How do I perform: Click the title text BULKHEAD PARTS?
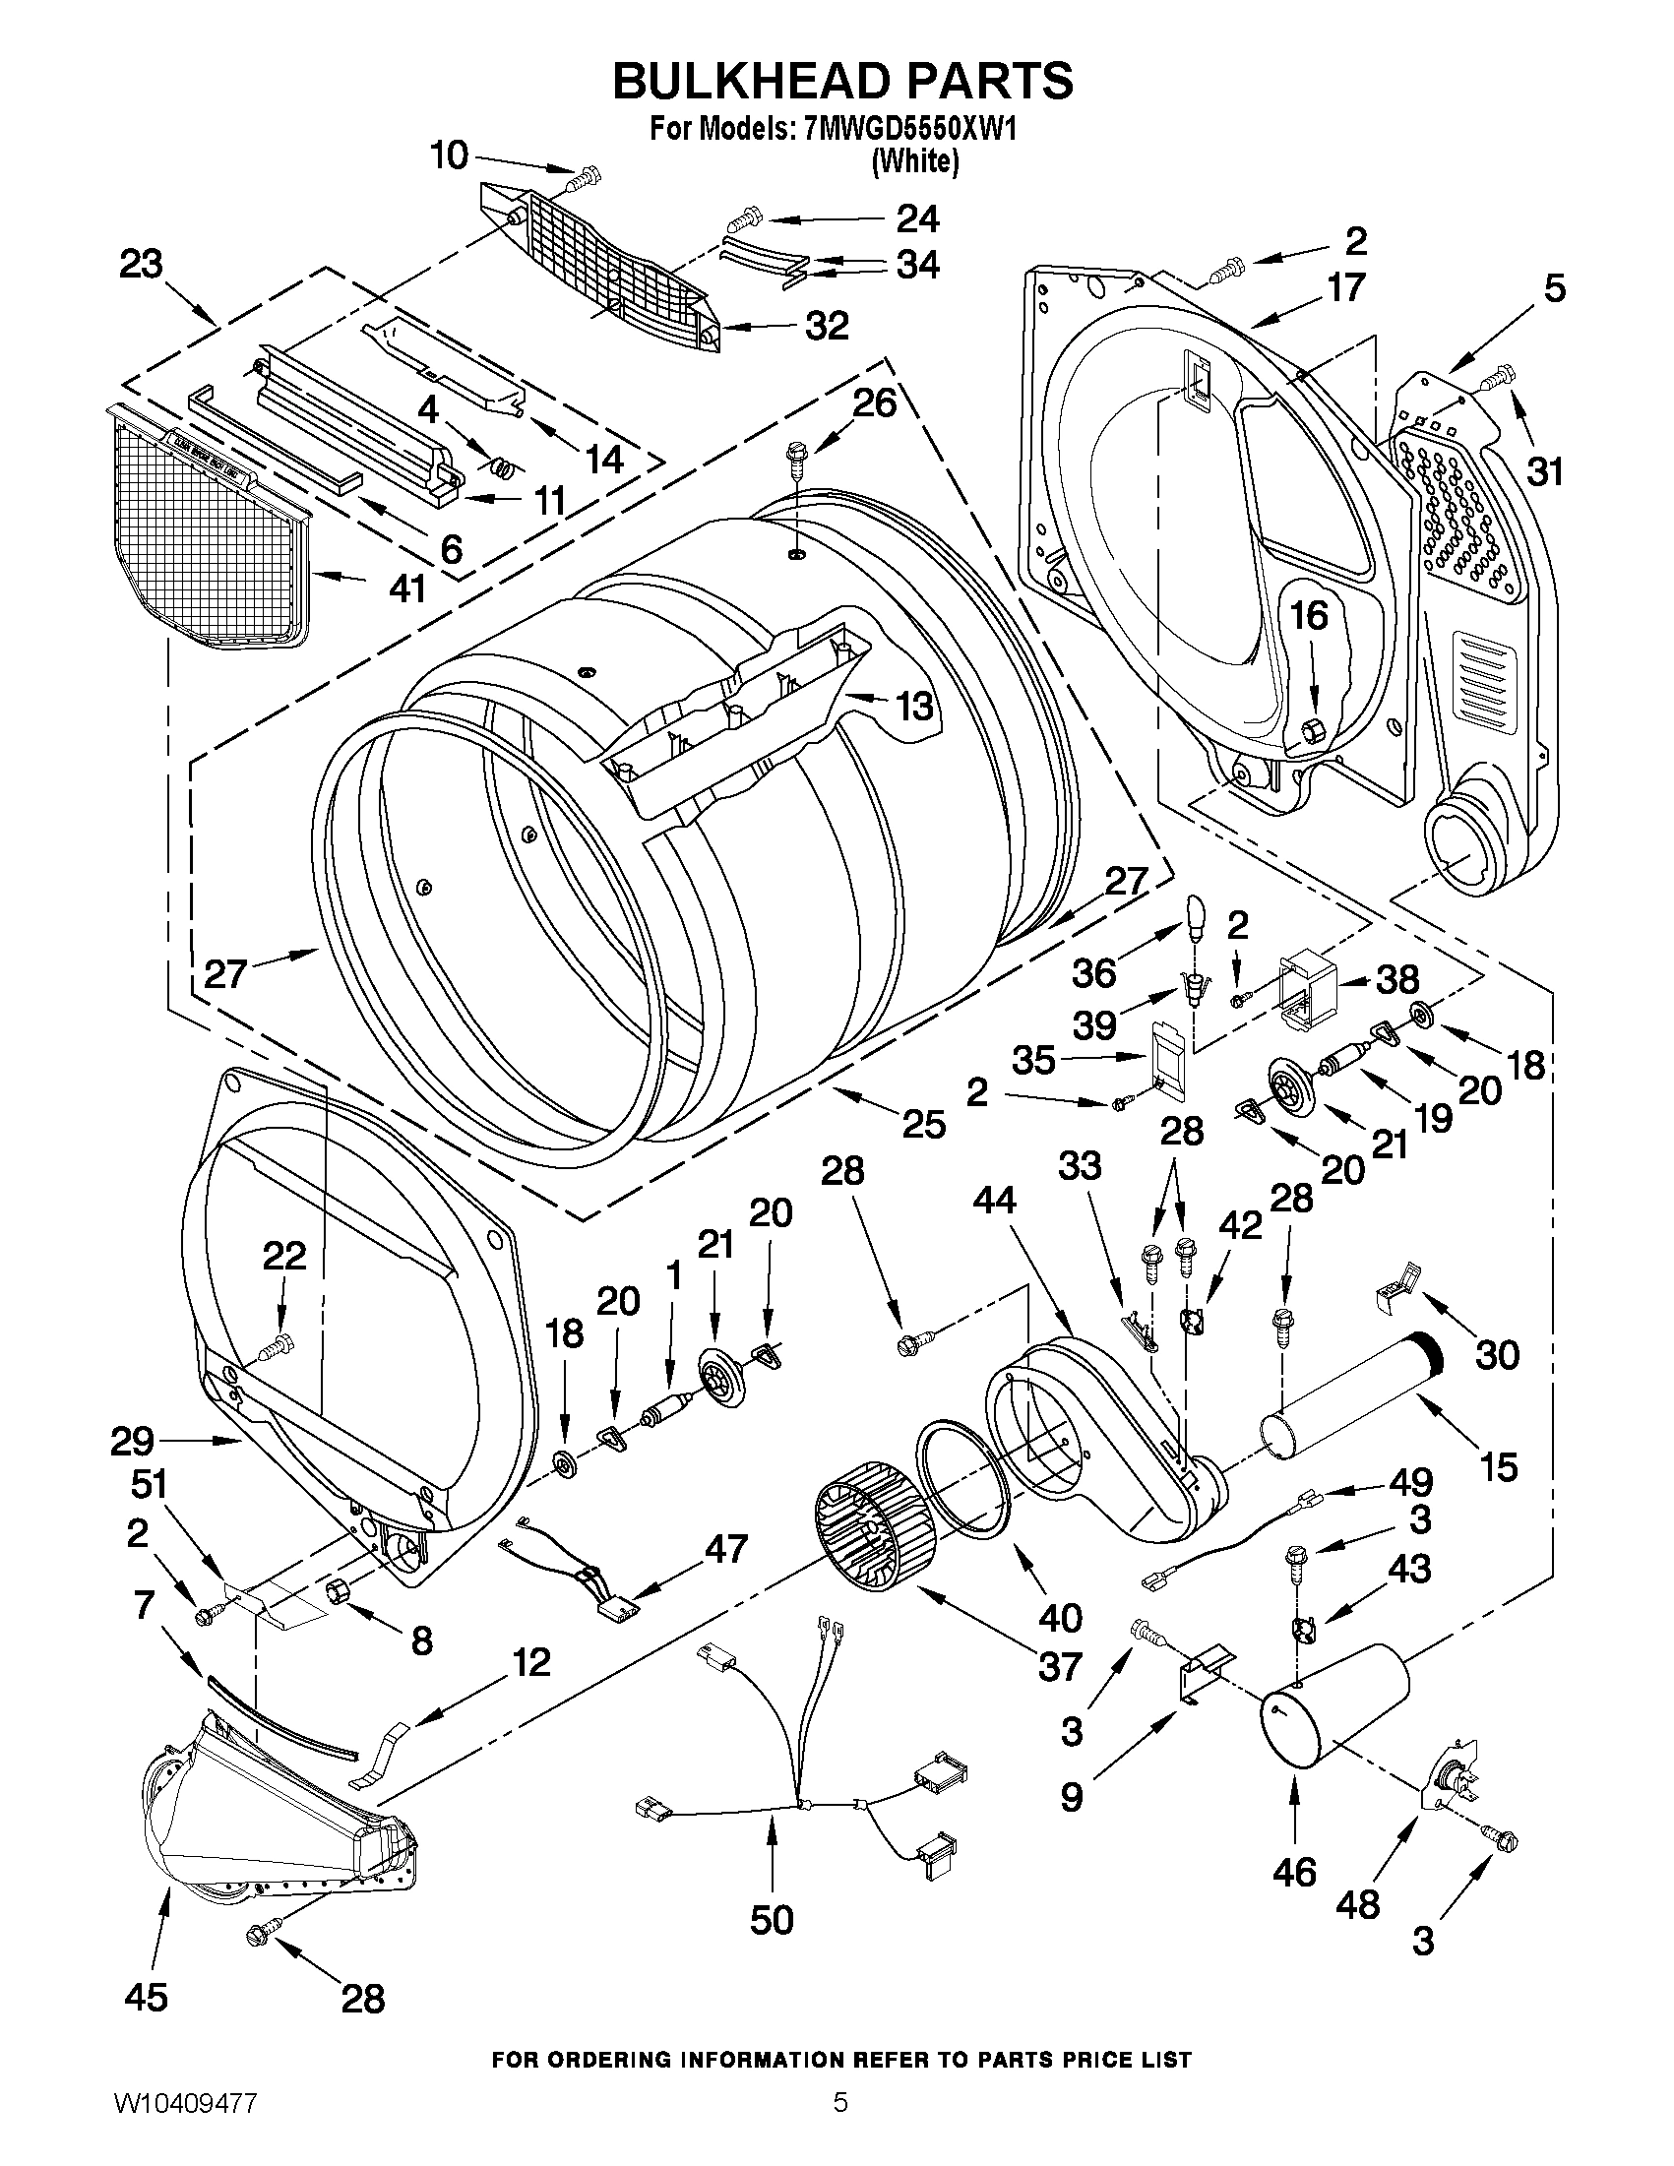click(842, 82)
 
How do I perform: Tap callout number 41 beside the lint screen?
click(407, 588)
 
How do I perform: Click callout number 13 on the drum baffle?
click(913, 707)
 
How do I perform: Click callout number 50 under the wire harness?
click(772, 1919)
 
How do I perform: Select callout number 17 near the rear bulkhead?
click(1346, 288)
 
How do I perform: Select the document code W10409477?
click(185, 2126)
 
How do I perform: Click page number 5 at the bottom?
click(840, 2126)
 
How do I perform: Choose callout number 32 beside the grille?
click(826, 326)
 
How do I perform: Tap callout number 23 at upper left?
click(141, 266)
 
